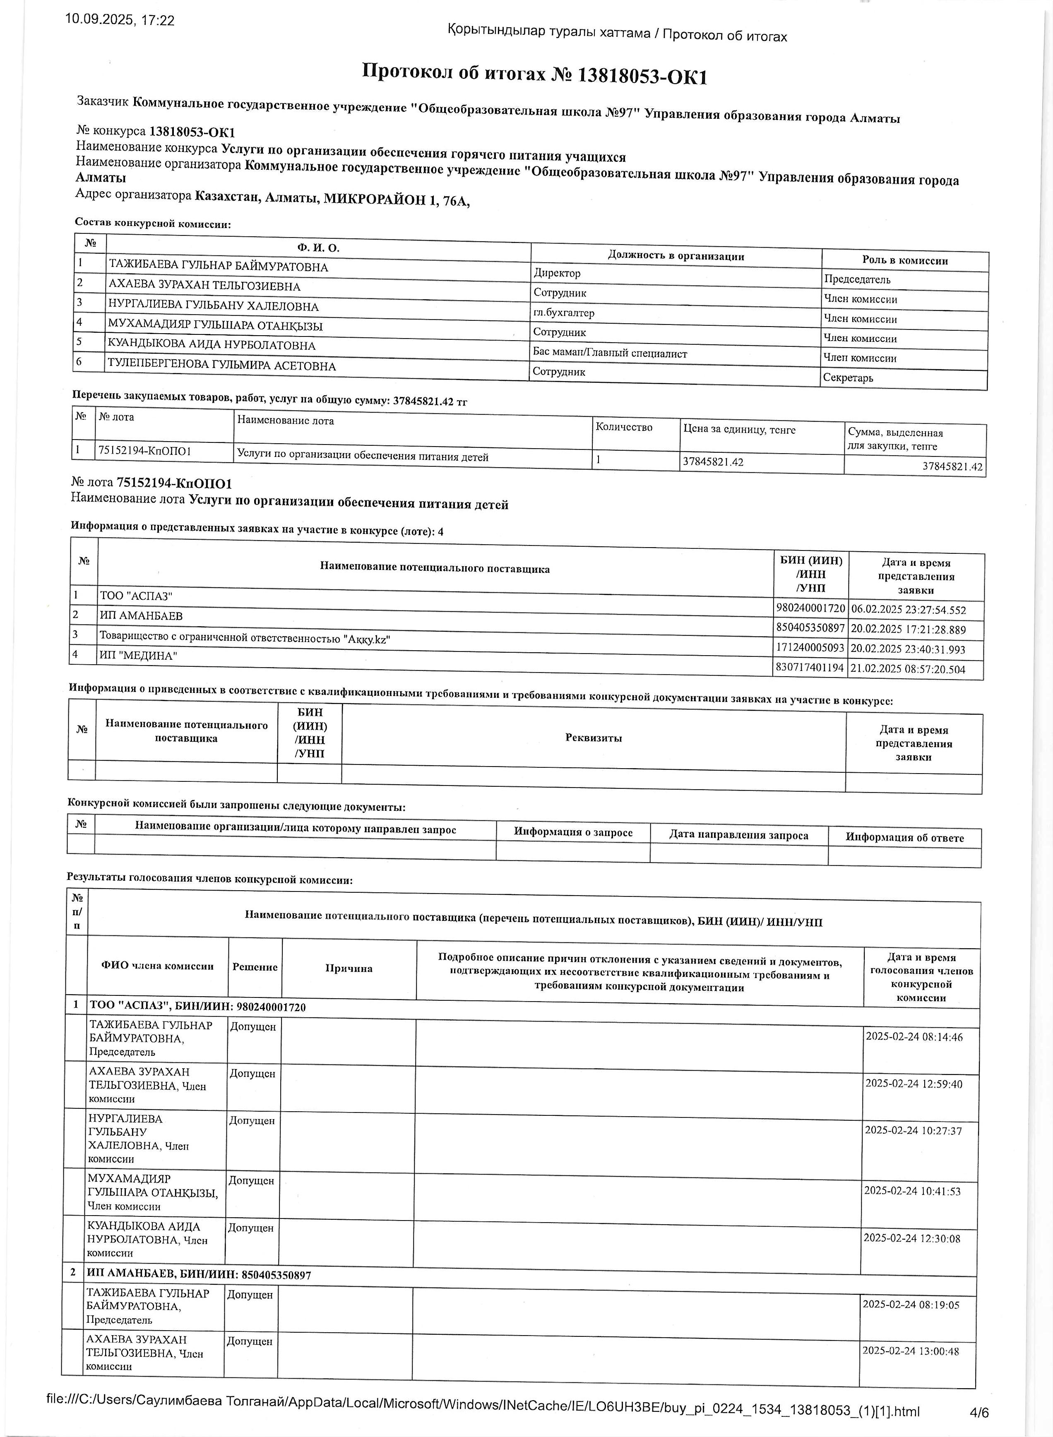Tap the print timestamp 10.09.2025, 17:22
coord(120,20)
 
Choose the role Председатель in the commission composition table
coord(857,279)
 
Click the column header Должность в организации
coord(676,256)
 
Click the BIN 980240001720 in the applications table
coord(810,608)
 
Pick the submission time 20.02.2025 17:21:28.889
coord(908,630)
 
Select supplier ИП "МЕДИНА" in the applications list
coord(138,655)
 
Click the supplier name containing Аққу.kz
coord(245,636)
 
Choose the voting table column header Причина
coord(349,968)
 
